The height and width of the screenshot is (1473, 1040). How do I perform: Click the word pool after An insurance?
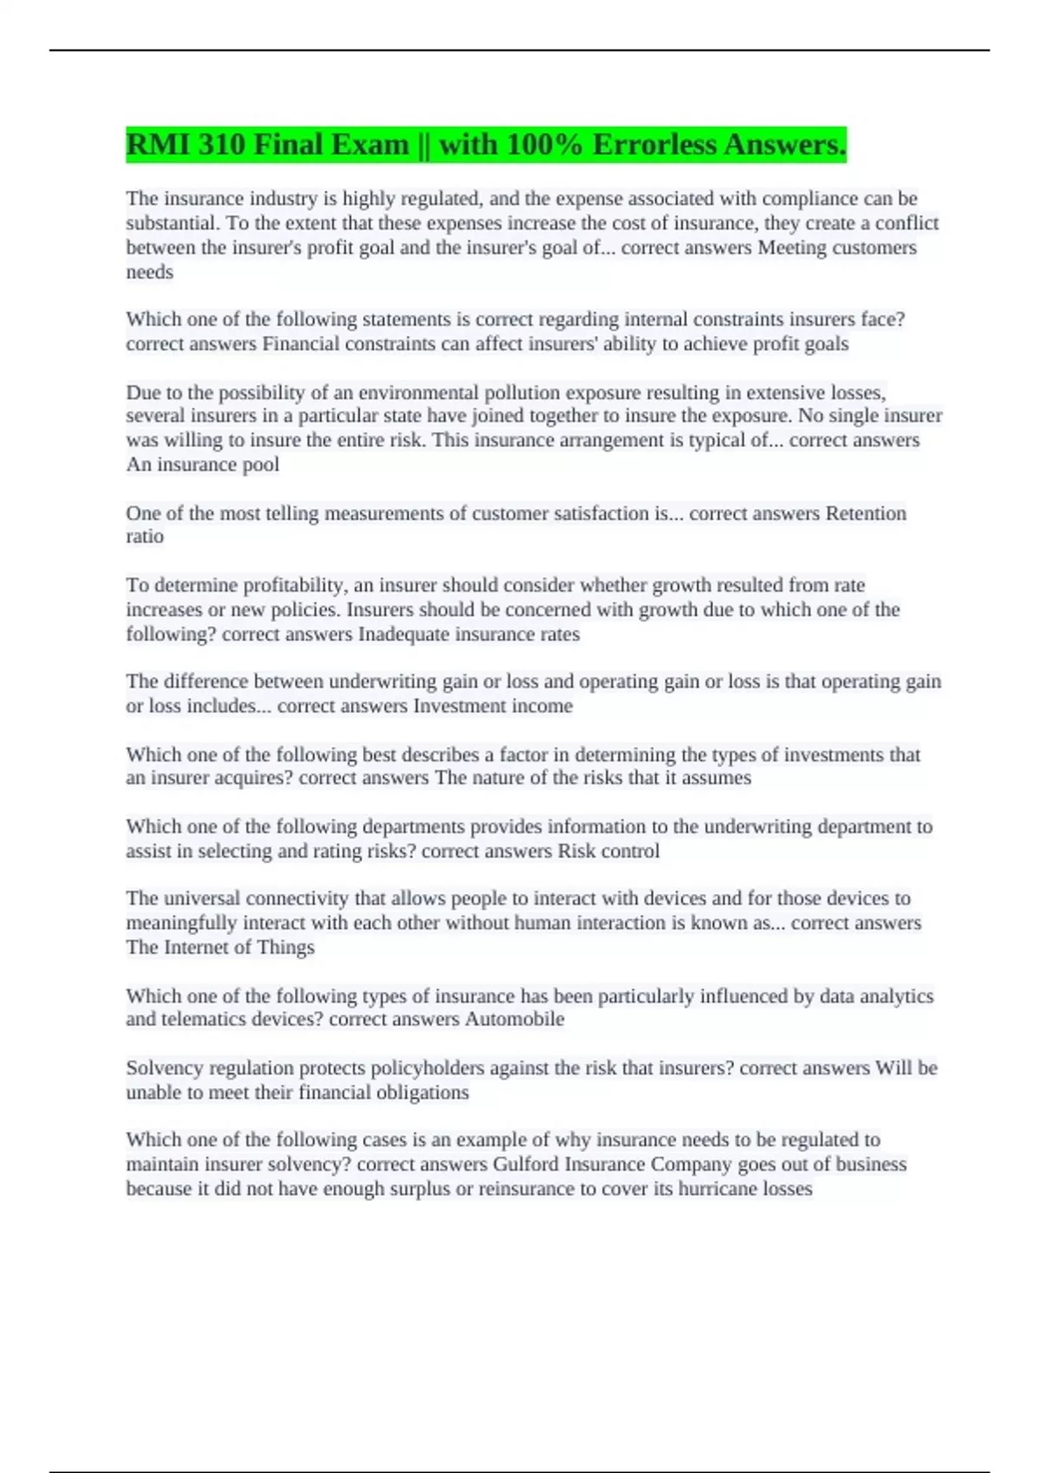260,464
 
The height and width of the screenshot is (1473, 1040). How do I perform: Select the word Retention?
866,513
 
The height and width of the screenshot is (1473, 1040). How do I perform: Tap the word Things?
286,947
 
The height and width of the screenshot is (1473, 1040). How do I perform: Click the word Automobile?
515,1019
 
